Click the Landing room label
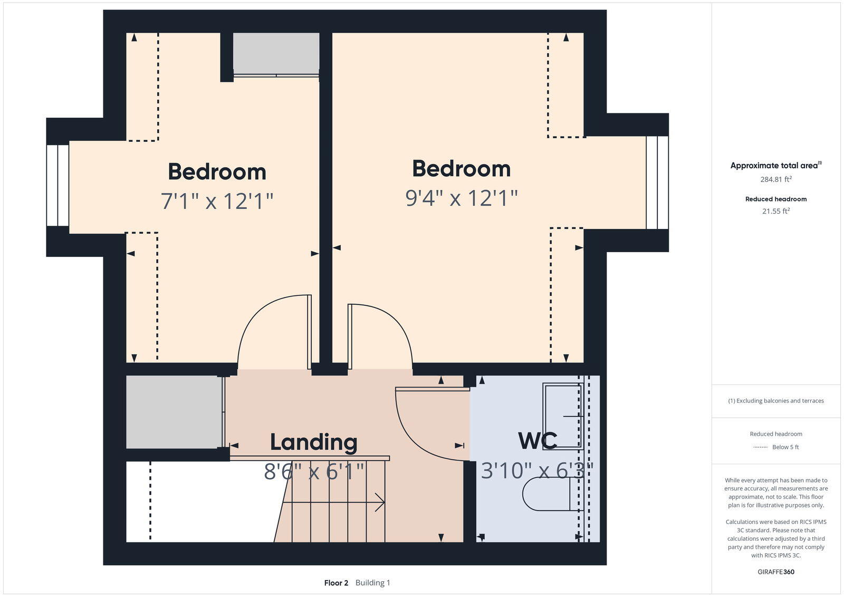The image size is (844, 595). click(313, 443)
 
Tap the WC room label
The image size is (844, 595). click(537, 441)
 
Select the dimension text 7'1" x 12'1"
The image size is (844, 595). click(217, 201)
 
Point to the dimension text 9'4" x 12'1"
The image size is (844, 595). click(462, 198)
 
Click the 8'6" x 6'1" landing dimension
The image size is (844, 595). click(314, 472)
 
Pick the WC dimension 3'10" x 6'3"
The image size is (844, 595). click(537, 470)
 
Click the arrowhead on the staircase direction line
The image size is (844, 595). click(380, 502)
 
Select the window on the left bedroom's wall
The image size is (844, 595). click(57, 185)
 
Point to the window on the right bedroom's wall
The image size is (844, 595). click(657, 183)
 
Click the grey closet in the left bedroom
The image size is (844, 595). click(276, 53)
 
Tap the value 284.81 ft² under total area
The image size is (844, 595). click(775, 179)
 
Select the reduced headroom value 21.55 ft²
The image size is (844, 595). click(775, 211)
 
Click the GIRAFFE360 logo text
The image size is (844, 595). click(775, 572)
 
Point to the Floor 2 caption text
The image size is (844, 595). click(336, 583)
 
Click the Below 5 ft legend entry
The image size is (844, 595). click(785, 447)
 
